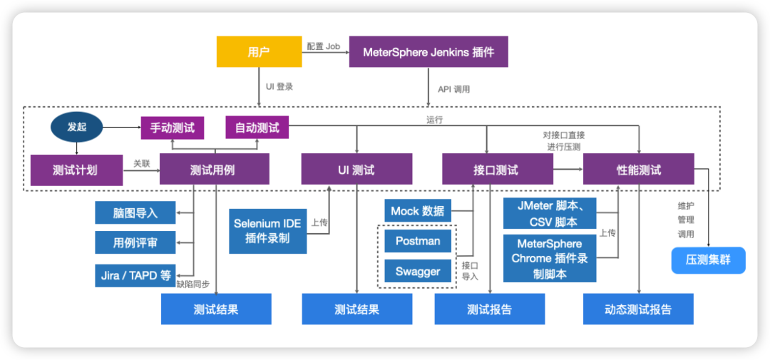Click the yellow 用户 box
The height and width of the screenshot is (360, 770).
coord(260,51)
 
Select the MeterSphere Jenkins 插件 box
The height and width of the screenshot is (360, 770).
coord(428,51)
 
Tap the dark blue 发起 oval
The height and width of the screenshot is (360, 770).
coord(76,128)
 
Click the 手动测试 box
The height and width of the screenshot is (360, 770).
coord(172,128)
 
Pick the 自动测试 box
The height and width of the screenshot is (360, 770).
coord(257,128)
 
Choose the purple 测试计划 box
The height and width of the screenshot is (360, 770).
coord(76,170)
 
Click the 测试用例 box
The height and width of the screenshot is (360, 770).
coord(214,170)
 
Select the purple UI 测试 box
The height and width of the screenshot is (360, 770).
coord(356,170)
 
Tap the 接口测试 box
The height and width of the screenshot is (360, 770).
coord(498,170)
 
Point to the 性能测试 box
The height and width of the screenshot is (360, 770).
coord(638,170)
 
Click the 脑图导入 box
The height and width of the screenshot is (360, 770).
coord(135,212)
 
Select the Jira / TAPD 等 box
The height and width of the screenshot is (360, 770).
coord(135,276)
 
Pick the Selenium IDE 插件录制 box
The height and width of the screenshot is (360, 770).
coord(267,231)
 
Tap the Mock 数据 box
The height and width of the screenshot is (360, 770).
coord(417,211)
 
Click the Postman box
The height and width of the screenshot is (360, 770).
coord(417,241)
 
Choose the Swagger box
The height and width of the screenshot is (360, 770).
coord(417,271)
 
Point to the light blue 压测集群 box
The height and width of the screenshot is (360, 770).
coord(708,259)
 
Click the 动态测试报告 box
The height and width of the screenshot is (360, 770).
coord(638,309)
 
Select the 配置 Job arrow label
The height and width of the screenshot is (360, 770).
coord(324,46)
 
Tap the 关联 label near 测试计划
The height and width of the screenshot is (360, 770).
coord(142,163)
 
